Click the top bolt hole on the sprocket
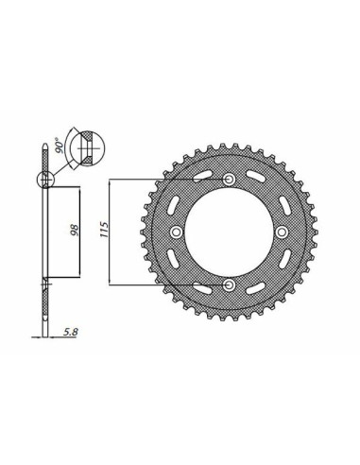pyautogui.click(x=230, y=180)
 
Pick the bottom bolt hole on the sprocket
pyautogui.click(x=230, y=284)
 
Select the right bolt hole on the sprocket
pyautogui.click(x=282, y=232)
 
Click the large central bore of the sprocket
pyautogui.click(x=230, y=232)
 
